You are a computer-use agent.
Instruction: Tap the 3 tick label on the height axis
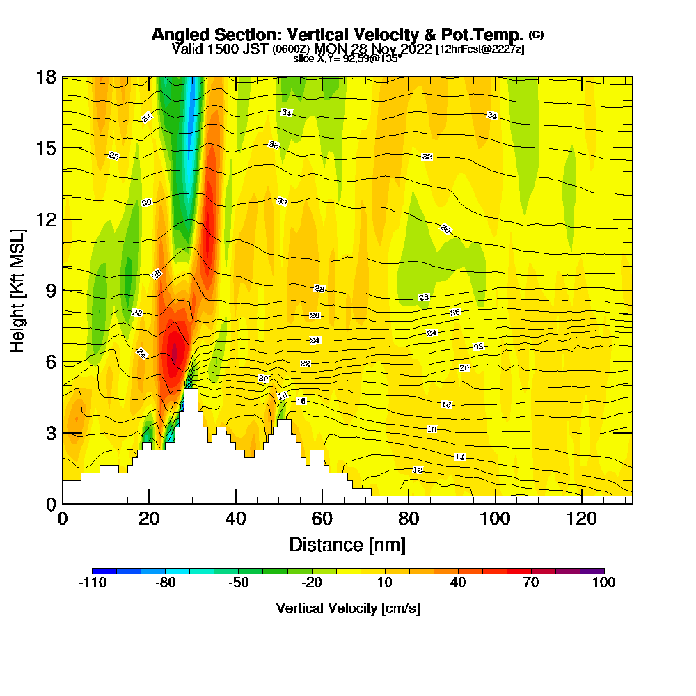click(x=51, y=433)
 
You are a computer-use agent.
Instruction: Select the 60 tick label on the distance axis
click(x=322, y=519)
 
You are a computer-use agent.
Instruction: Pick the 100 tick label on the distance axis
click(x=496, y=519)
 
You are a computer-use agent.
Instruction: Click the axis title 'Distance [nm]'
click(x=347, y=544)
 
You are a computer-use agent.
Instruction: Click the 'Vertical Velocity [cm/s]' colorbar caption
click(x=348, y=608)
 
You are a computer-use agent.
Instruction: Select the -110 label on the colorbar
click(x=92, y=583)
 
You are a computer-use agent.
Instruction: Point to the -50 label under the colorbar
click(x=238, y=583)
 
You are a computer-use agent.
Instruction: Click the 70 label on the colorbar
click(x=531, y=583)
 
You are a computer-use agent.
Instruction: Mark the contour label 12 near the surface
click(x=418, y=470)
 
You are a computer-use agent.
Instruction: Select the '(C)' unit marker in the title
click(x=536, y=34)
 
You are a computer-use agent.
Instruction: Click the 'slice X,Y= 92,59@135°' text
click(x=347, y=59)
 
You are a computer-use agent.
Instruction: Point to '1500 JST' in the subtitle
click(x=235, y=49)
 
